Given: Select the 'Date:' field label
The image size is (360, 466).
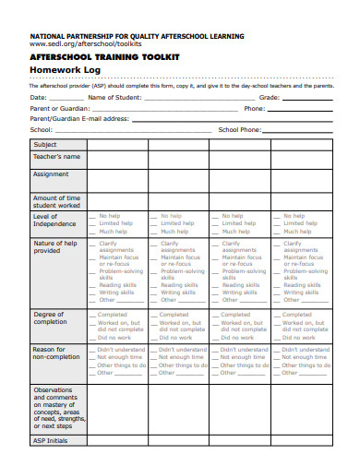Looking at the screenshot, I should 38,96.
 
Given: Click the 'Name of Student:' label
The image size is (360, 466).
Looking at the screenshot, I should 114,96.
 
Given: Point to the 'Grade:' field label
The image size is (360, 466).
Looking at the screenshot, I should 269,96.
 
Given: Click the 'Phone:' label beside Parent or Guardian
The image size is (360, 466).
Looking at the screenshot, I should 254,107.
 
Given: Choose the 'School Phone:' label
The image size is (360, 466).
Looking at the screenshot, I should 239,129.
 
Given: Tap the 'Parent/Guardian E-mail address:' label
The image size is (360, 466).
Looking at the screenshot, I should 78,118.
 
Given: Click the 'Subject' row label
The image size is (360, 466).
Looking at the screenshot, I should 45,145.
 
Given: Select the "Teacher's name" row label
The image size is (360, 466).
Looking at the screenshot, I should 57,157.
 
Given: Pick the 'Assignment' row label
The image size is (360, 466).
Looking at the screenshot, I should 51,173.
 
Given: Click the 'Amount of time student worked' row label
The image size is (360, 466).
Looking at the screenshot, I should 57,201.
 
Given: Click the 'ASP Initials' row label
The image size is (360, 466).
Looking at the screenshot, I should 51,441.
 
